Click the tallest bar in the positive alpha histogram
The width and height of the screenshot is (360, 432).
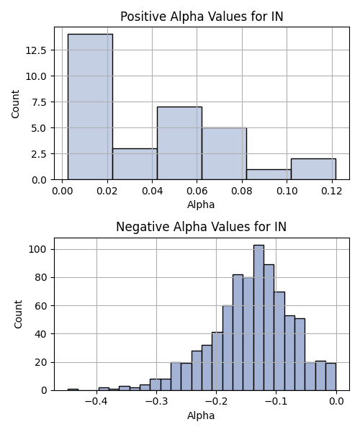90,107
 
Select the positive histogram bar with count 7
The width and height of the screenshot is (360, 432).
179,143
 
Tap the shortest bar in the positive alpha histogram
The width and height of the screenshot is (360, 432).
269,175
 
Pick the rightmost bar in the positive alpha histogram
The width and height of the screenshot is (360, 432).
313,169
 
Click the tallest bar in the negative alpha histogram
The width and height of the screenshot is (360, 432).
258,318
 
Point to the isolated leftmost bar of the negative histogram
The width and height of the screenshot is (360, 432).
73,390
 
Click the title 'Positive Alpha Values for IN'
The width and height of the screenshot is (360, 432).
202,17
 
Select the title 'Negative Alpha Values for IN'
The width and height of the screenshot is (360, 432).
202,227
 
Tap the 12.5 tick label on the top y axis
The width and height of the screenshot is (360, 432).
36,50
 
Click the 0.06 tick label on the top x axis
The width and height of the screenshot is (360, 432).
197,191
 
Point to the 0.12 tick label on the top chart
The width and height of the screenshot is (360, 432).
332,191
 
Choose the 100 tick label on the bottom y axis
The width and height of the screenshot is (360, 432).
37,249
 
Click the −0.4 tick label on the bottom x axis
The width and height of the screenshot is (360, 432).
96,401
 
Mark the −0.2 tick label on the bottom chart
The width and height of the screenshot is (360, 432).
216,401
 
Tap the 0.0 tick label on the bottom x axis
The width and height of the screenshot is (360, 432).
336,401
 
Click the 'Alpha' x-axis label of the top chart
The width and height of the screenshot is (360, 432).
201,204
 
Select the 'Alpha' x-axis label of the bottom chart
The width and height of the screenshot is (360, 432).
201,415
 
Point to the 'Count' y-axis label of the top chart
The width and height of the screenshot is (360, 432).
15,104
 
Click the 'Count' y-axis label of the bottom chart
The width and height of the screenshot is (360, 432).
18,315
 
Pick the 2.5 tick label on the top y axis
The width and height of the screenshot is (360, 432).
39,154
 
